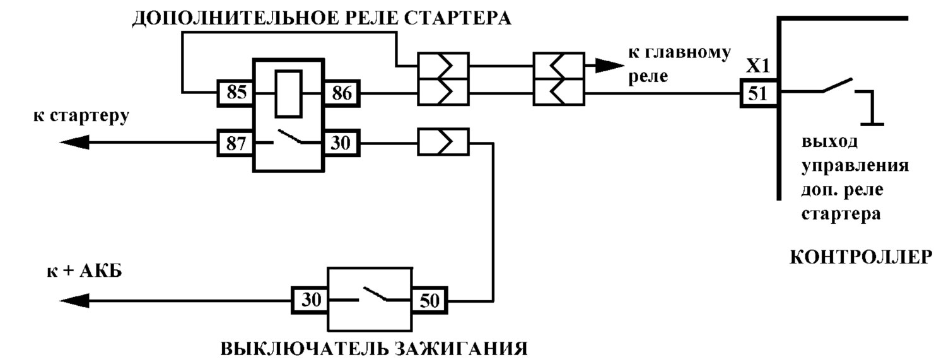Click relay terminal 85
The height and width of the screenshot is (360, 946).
point(236,93)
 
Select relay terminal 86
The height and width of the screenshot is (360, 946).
point(342,93)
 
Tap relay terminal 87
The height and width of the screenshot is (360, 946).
point(236,143)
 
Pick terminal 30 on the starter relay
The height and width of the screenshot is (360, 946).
point(341,143)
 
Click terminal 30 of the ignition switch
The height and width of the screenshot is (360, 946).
point(310,300)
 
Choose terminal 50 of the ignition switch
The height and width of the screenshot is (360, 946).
point(429,300)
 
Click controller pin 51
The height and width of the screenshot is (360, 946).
point(759,93)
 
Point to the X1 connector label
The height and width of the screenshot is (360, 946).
point(757,66)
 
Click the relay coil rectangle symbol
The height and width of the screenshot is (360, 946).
point(288,94)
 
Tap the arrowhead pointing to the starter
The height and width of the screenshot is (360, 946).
point(75,142)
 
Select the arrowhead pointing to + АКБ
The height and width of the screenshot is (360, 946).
point(75,301)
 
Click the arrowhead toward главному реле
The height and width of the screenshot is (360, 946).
point(610,66)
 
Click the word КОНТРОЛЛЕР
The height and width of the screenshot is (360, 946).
point(861,257)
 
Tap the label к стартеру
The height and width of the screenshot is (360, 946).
point(81,116)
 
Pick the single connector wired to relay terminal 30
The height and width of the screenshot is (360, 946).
point(443,142)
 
